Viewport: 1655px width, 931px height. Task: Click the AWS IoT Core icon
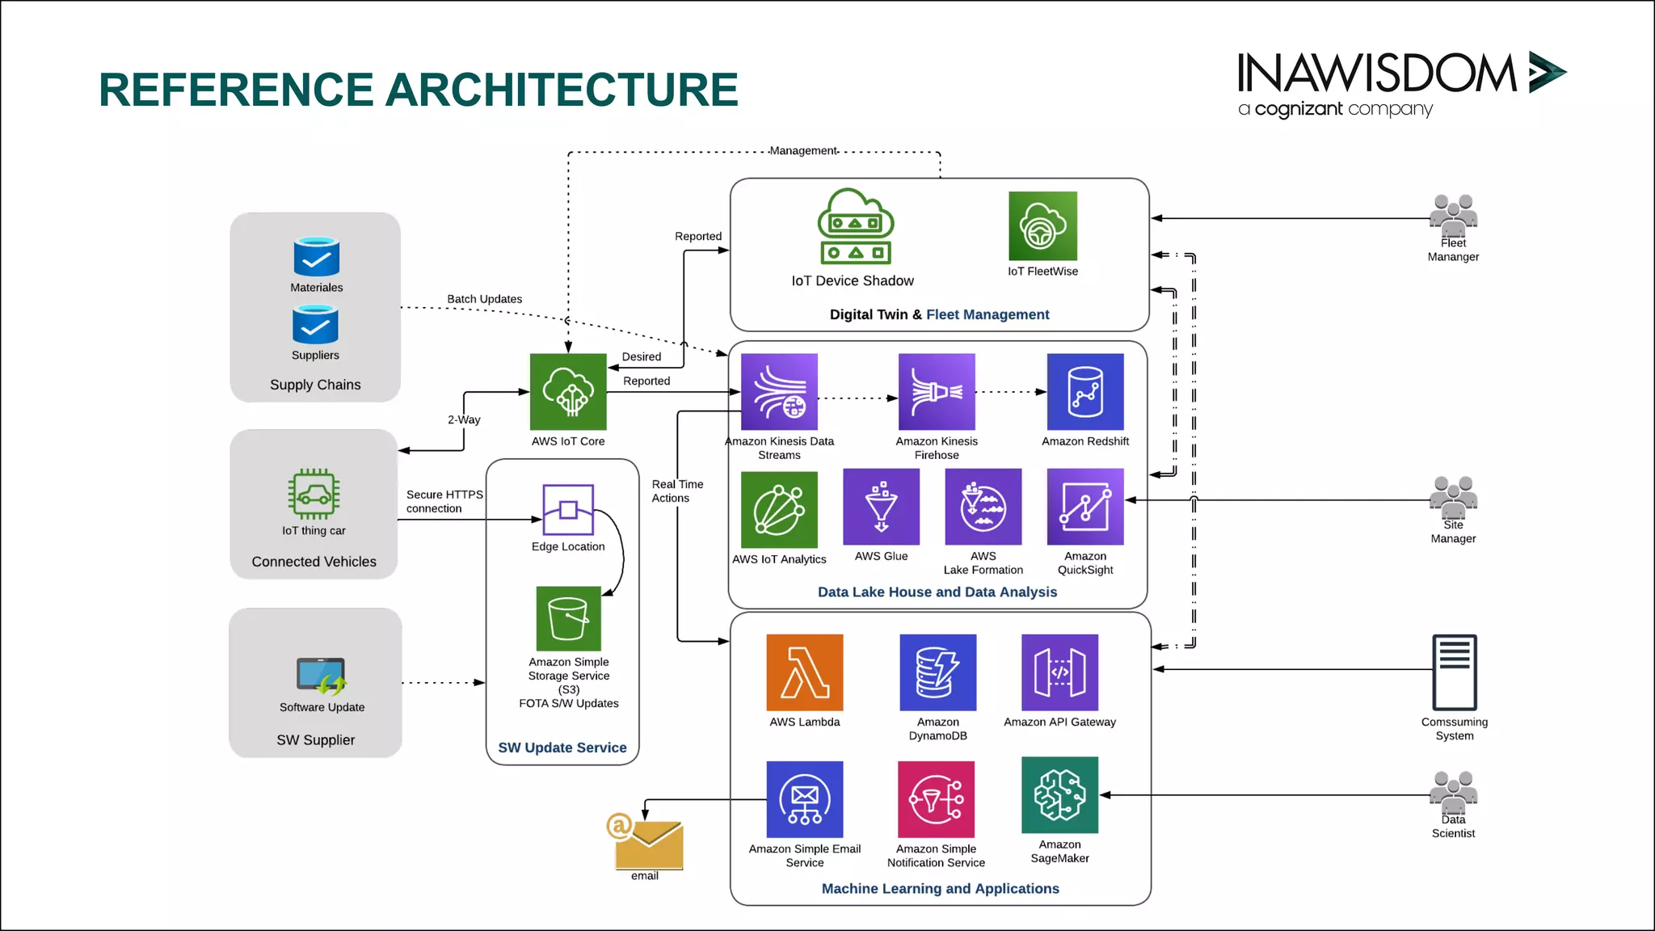(x=568, y=392)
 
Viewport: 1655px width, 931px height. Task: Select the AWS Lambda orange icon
(x=804, y=672)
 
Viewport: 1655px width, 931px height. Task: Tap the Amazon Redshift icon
(x=1084, y=392)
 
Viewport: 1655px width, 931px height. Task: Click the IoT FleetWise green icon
(x=1042, y=226)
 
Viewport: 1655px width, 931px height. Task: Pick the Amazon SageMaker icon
(x=1059, y=795)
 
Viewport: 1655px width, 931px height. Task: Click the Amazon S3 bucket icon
(x=568, y=618)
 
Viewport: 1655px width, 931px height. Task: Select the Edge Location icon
(x=568, y=510)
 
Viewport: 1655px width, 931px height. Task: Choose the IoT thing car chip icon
(x=314, y=494)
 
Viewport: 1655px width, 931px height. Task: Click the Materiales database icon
(x=316, y=257)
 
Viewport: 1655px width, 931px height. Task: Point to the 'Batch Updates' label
(x=484, y=299)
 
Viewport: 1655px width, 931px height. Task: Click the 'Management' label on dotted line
(x=802, y=151)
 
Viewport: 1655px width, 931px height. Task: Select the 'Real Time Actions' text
(x=676, y=491)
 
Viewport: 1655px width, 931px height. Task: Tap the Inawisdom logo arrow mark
(x=1546, y=72)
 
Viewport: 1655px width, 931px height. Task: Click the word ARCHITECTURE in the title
(x=562, y=90)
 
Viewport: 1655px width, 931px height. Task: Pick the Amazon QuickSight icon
(x=1084, y=507)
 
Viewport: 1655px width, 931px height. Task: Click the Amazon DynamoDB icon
(x=937, y=672)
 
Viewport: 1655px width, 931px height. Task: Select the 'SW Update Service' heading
(x=562, y=748)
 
